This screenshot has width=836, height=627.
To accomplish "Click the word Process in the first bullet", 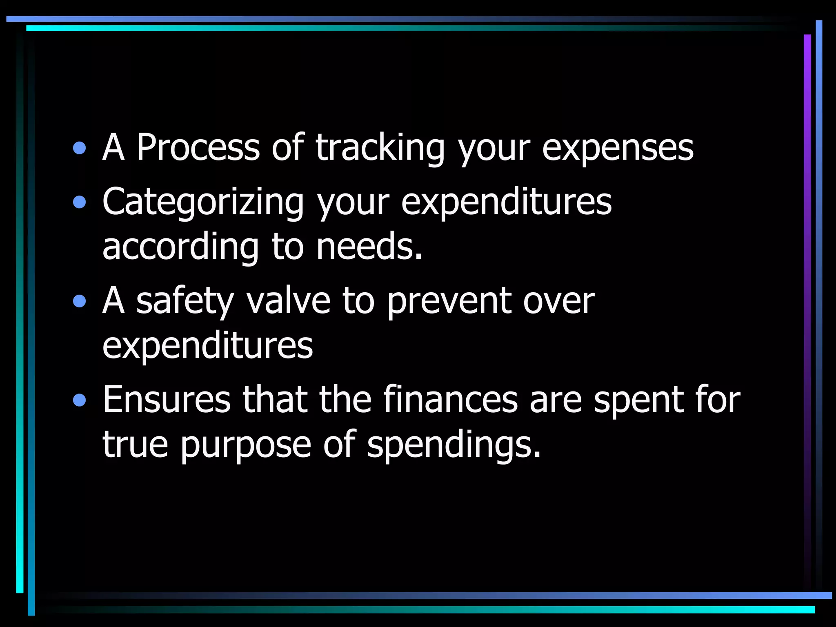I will point(198,147).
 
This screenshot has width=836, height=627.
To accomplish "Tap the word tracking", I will point(380,147).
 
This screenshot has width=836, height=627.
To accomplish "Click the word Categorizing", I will point(203,202).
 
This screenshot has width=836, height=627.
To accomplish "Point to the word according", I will point(180,247).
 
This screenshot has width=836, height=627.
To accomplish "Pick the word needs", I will point(369,247).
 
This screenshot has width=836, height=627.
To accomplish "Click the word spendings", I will point(454,445).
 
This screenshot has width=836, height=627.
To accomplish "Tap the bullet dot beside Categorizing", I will point(80,202).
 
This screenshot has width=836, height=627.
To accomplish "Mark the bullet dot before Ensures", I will point(80,400).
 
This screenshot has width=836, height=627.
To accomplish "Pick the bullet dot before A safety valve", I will point(80,302).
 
